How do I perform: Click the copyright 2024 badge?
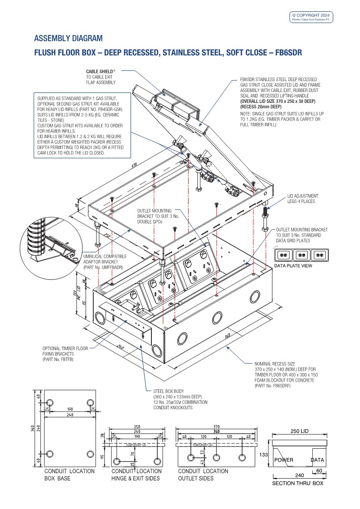pos(311,17)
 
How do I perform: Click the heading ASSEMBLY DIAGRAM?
pos(68,38)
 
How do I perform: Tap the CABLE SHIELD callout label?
pos(101,77)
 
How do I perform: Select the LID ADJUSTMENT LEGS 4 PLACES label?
pos(303,199)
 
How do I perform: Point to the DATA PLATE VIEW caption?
pos(293,266)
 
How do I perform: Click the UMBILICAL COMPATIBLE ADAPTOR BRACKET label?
pos(105,262)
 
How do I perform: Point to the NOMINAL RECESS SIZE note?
pos(284,374)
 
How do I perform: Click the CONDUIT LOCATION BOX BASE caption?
pos(69,475)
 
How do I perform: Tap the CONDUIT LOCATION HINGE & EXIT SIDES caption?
pos(136,475)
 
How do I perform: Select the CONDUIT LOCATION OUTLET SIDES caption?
pos(203,475)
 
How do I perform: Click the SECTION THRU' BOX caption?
pos(297,483)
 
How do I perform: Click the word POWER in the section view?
pos(284,460)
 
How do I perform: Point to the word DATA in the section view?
pos(317,460)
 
